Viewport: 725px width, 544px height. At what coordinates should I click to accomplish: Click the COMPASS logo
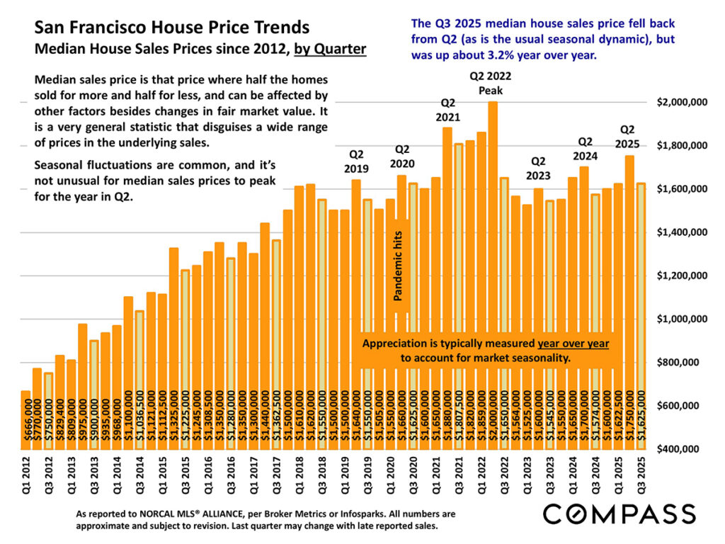(x=620, y=513)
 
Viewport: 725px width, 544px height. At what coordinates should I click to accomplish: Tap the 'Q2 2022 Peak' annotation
(x=490, y=83)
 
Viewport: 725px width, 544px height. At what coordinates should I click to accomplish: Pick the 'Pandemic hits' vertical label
(x=398, y=270)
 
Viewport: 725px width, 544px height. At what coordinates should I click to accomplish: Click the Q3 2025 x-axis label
(x=641, y=472)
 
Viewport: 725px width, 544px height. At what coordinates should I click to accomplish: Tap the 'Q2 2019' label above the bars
(x=357, y=161)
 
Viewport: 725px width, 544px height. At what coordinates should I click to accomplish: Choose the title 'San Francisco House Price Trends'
(x=172, y=28)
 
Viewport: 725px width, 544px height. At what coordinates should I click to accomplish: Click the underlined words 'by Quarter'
(x=330, y=50)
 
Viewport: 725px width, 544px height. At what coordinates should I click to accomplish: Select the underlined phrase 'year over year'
(x=573, y=344)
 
